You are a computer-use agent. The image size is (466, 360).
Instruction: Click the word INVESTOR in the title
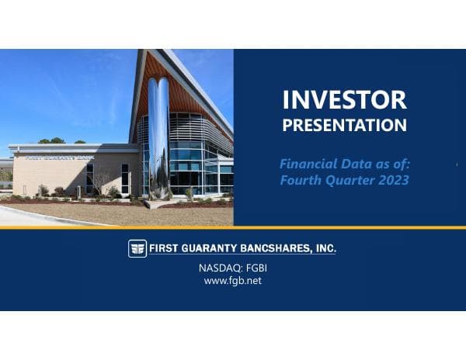tap(344, 100)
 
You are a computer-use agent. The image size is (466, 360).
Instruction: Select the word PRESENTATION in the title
tap(344, 124)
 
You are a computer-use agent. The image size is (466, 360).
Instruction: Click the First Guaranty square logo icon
tap(137, 249)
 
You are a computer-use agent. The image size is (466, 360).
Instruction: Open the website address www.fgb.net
tap(233, 280)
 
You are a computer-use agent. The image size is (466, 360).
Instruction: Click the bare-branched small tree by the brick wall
tap(99, 180)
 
